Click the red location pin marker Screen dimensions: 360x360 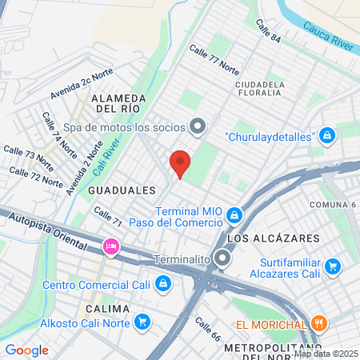180,163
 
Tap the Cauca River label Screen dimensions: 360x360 328,37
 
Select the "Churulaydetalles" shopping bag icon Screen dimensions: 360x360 326,135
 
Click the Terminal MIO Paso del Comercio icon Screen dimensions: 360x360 234,214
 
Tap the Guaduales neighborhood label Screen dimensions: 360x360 122,190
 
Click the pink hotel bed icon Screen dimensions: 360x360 110,246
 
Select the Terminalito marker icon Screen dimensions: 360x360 223,259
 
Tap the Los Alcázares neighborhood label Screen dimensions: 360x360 273,238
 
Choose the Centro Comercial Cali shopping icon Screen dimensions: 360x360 162,283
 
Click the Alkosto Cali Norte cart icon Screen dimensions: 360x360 142,322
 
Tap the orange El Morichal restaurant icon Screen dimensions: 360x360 318,325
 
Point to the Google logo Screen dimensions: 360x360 27,350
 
